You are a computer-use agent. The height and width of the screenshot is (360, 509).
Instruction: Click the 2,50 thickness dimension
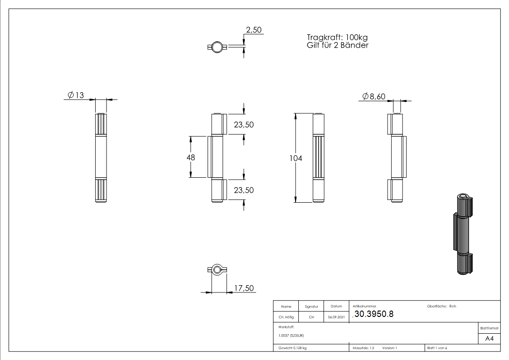[x=253, y=30]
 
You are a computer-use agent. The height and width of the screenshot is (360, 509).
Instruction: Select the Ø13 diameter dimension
[x=76, y=95]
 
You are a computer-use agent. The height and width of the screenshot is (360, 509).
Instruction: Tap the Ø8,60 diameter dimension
[x=373, y=97]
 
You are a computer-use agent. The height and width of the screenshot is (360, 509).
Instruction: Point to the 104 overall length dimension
[x=296, y=158]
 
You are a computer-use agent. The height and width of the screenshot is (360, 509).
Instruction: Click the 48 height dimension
[x=191, y=157]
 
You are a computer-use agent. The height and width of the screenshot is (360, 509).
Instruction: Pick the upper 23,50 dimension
[x=244, y=125]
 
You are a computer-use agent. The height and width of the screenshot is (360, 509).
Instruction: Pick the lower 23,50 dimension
[x=244, y=190]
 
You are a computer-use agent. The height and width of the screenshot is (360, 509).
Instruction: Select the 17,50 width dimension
[x=244, y=288]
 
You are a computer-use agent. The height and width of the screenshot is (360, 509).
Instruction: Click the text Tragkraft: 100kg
[x=337, y=38]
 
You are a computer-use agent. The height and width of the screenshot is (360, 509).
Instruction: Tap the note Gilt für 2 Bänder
[x=338, y=45]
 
